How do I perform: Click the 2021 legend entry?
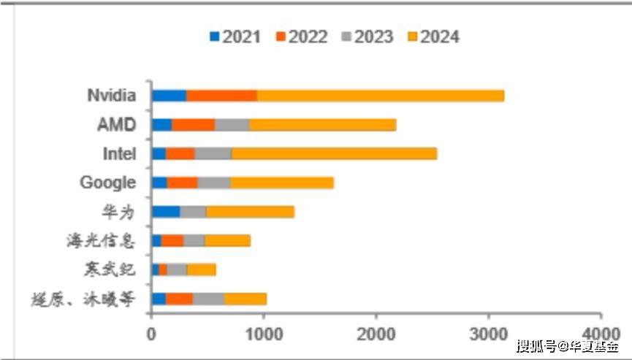coord(235,37)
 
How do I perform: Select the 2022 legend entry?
coord(301,37)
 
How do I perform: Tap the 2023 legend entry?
coord(367,37)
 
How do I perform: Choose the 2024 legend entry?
coord(433,37)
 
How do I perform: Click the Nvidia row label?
coord(111,96)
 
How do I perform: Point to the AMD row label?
coord(116,125)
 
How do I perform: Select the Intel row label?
coord(118,153)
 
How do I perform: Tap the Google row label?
coord(107,183)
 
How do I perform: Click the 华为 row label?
coord(119,212)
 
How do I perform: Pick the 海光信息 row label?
coord(101,240)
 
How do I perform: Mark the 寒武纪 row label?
coord(110,269)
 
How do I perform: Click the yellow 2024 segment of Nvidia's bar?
coord(380,96)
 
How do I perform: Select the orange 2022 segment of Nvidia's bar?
coord(221,96)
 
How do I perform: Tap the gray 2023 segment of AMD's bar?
coord(232,125)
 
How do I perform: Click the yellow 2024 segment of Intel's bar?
coord(334,153)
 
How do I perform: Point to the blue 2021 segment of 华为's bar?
coord(166,212)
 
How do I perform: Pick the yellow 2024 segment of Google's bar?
coord(282,183)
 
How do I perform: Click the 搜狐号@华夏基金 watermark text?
coord(566,346)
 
